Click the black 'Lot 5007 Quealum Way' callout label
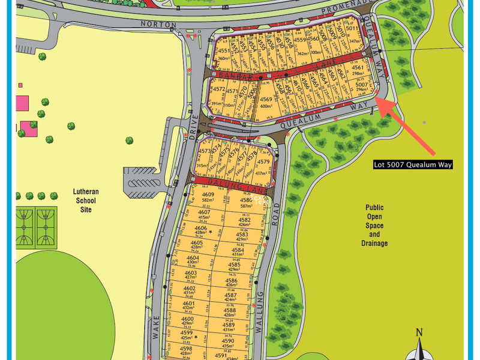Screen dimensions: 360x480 tap(413, 164)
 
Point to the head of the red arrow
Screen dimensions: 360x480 tap(379, 101)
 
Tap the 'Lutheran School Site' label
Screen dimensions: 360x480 tap(82, 202)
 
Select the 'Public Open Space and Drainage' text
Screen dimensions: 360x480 tap(374, 225)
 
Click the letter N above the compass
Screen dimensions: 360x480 tap(419, 332)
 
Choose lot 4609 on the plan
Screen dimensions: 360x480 tap(208, 197)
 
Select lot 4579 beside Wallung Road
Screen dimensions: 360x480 tap(263, 164)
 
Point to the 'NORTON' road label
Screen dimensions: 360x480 tap(159, 25)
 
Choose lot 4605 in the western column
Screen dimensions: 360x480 tap(197, 244)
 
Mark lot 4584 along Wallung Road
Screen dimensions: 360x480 tap(238, 253)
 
